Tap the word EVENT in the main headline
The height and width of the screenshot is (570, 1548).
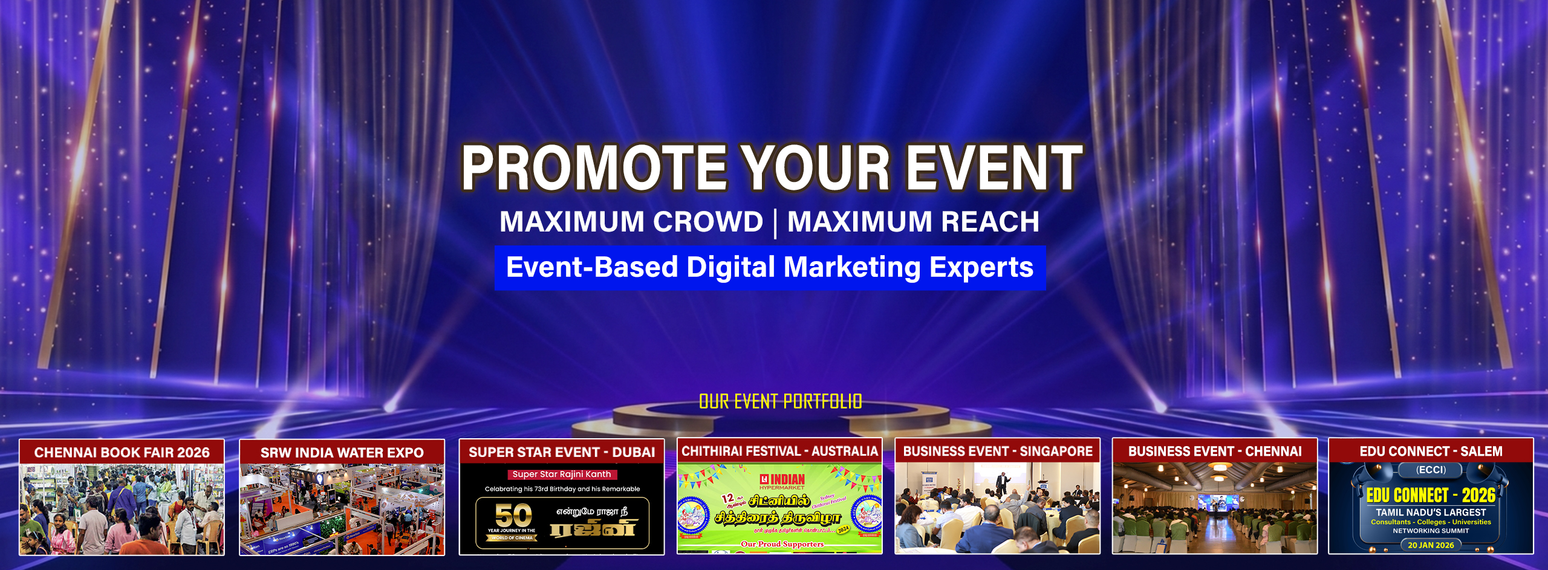coord(994,168)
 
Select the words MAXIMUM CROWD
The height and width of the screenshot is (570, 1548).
coord(631,222)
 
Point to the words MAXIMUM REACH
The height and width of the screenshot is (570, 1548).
coord(913,222)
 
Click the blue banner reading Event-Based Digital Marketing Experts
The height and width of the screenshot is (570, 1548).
coord(769,268)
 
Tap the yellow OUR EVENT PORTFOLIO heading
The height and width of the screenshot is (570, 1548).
coord(780,402)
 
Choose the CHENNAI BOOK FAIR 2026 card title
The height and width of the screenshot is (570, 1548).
coord(122,453)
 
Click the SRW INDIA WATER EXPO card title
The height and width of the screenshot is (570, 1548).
coord(342,453)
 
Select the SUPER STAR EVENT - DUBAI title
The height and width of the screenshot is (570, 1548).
coord(562,452)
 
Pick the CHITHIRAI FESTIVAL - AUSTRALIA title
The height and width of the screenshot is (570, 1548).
coord(779,452)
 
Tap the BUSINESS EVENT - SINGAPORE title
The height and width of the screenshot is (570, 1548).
coord(998,452)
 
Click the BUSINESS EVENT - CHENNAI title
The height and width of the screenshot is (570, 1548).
coord(1215,452)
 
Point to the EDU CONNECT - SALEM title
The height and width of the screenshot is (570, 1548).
coord(1431,452)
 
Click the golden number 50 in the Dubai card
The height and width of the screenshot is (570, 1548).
coord(513,516)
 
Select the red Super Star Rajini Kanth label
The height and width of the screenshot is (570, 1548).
coord(562,474)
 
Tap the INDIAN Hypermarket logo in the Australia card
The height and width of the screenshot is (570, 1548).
coord(782,481)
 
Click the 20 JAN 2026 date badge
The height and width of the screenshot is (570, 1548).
coord(1431,545)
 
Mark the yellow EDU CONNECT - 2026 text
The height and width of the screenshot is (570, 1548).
coord(1431,496)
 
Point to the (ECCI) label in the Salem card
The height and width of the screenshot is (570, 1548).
coord(1431,470)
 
